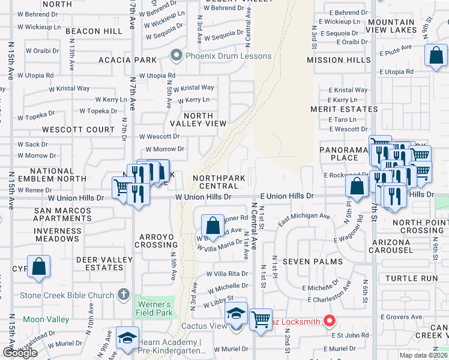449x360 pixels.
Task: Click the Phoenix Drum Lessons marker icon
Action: pyautogui.click(x=176, y=56)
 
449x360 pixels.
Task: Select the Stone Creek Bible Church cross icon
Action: pyautogui.click(x=124, y=295)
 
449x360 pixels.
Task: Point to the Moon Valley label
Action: pyautogui.click(x=46, y=319)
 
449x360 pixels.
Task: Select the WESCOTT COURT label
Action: pyautogui.click(x=78, y=130)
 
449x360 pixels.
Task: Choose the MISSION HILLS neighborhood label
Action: pyautogui.click(x=339, y=60)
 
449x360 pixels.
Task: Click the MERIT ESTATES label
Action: pyautogui.click(x=344, y=109)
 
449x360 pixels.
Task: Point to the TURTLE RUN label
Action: pyautogui.click(x=411, y=278)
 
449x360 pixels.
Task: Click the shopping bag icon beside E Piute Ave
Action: pyautogui.click(x=436, y=55)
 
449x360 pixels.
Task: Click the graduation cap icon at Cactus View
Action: pyautogui.click(x=236, y=314)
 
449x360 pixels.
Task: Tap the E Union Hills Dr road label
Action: pyautogui.click(x=287, y=196)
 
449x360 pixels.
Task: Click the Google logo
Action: pyautogui.click(x=20, y=353)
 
